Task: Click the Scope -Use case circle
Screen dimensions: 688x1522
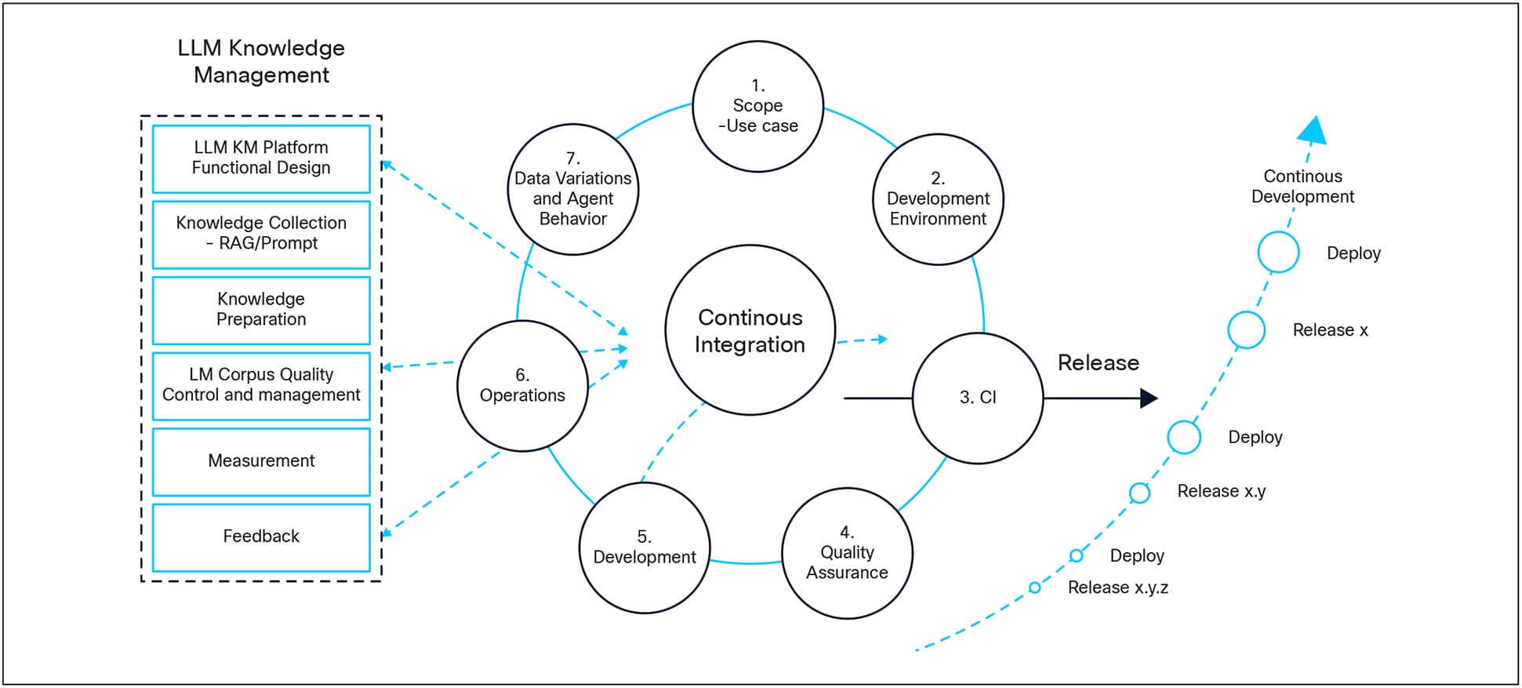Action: [x=757, y=106]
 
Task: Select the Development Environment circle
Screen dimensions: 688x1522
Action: [x=938, y=199]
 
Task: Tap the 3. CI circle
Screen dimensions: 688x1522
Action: [x=977, y=398]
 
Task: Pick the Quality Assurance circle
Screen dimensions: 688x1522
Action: [x=847, y=553]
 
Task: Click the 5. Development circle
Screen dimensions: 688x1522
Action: [x=644, y=548]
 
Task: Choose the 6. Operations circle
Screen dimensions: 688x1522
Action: [x=522, y=386]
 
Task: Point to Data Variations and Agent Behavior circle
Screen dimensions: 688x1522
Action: [x=572, y=189]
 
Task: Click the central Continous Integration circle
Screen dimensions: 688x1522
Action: [x=750, y=330]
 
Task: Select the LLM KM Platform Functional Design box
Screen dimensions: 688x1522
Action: [x=261, y=158]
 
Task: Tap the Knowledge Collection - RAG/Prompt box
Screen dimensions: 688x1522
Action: [x=261, y=234]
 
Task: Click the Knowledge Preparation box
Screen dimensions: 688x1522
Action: [x=261, y=310]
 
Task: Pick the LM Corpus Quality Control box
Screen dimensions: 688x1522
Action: [x=261, y=385]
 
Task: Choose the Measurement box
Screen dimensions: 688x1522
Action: [x=261, y=461]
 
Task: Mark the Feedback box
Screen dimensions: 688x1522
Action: [x=261, y=537]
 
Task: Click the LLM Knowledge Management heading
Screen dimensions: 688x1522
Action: [x=261, y=61]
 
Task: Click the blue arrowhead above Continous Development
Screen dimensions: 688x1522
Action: [x=1313, y=132]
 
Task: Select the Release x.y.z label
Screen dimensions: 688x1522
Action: [x=1117, y=588]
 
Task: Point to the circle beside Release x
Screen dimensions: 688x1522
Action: [x=1246, y=329]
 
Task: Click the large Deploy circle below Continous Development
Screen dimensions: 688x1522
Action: [x=1278, y=252]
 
